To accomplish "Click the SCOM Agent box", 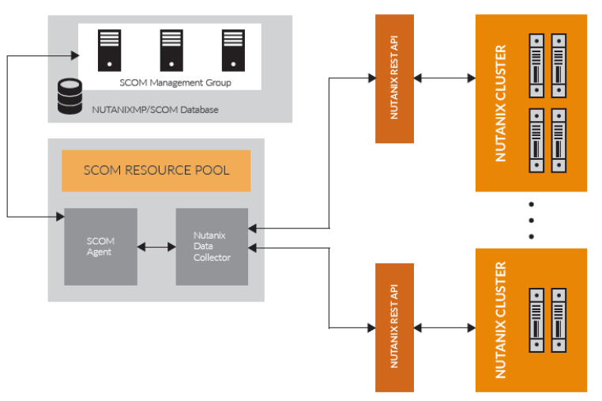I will click(x=100, y=247).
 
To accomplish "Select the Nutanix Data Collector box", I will click(x=212, y=247).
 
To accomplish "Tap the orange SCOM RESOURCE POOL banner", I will click(x=156, y=170).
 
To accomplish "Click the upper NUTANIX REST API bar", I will click(x=394, y=78).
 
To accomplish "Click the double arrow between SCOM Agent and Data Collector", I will click(x=156, y=247).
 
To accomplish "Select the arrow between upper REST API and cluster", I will click(x=445, y=78).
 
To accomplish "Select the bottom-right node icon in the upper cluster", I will click(x=559, y=138).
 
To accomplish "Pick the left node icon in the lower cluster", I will click(x=537, y=316).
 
